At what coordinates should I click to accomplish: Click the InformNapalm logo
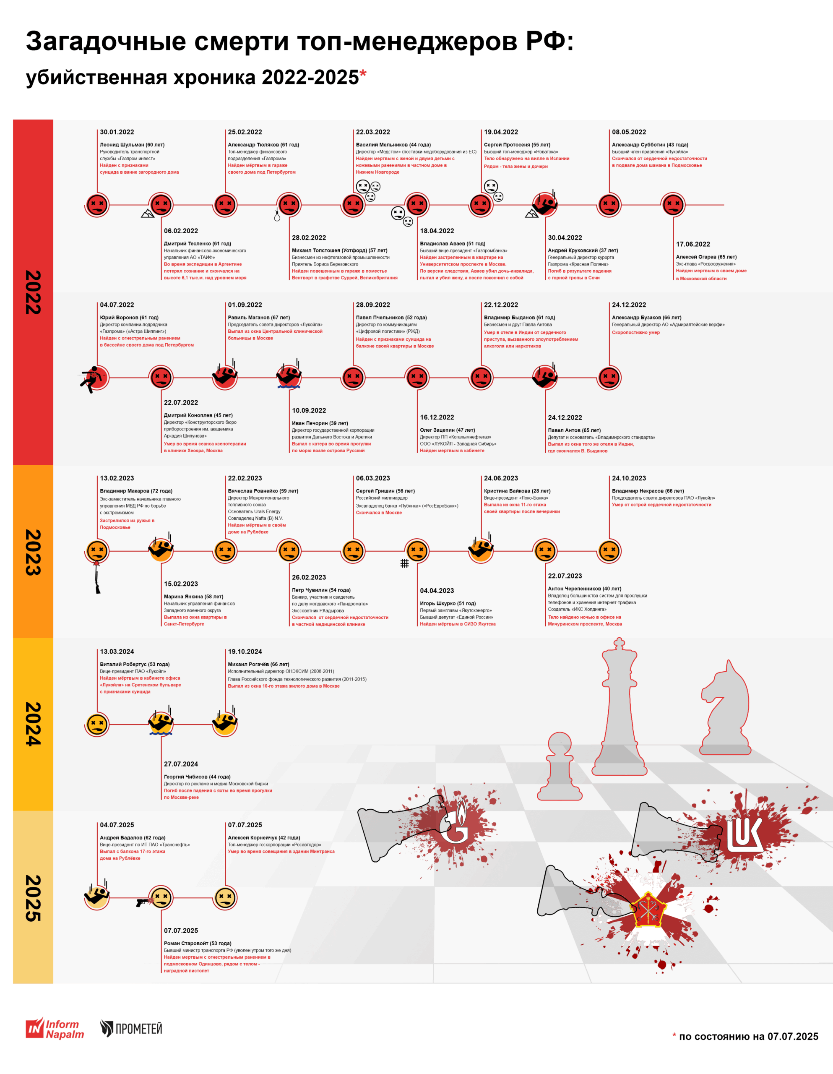[55, 1028]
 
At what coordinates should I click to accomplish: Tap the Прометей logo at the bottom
[131, 1028]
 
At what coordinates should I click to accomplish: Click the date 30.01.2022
[117, 132]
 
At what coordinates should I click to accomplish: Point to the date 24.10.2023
[628, 478]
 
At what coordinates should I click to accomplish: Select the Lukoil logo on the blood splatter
[744, 834]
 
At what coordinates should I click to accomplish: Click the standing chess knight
[725, 708]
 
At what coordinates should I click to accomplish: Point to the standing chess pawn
[560, 767]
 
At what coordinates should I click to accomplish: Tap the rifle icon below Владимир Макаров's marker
[97, 579]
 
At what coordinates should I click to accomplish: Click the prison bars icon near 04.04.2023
[404, 563]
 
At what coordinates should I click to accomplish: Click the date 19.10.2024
[245, 652]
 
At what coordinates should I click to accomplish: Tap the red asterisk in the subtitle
[363, 74]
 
